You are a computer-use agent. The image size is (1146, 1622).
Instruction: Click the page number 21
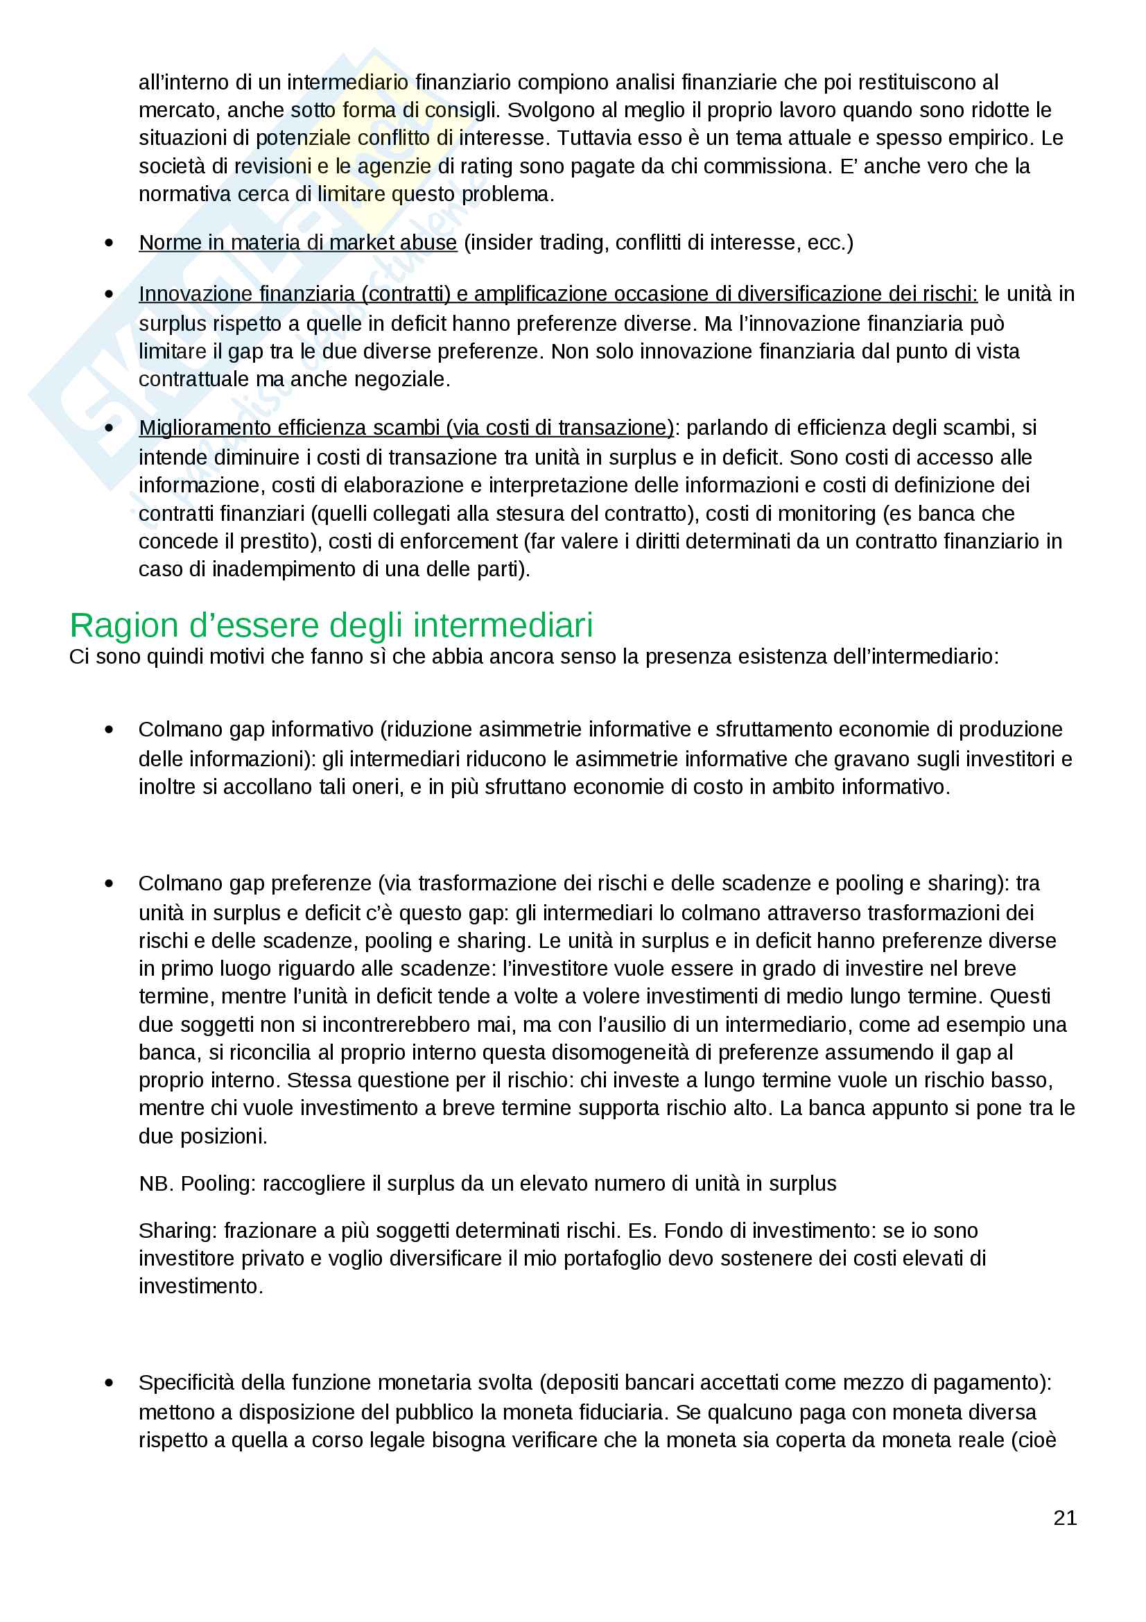tap(1064, 1517)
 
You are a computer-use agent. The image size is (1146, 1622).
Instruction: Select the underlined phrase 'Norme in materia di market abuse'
tap(297, 242)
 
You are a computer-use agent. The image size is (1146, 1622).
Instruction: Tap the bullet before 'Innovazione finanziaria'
tap(109, 294)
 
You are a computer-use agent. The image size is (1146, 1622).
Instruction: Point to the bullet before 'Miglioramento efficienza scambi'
tap(109, 428)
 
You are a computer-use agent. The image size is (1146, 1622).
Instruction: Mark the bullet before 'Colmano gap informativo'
tap(109, 730)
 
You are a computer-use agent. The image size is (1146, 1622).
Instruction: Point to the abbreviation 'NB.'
tap(156, 1183)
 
